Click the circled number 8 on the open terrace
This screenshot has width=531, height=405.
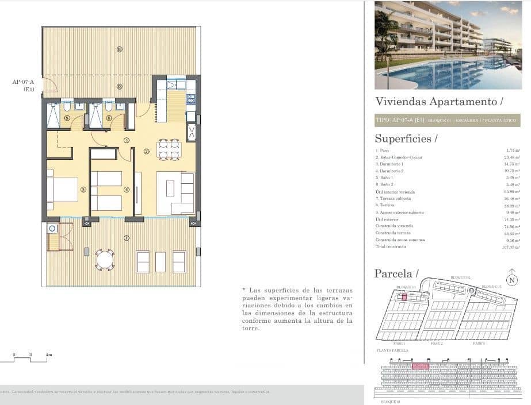[x=120, y=49]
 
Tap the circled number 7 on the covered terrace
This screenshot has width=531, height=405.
[x=127, y=237]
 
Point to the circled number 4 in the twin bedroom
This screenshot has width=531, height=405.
[x=127, y=190]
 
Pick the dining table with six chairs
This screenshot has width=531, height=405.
[x=169, y=149]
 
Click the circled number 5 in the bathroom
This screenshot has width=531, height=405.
[x=67, y=118]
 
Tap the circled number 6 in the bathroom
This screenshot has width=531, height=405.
[x=109, y=118]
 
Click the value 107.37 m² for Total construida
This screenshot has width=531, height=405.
[x=510, y=246]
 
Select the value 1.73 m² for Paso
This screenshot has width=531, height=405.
[x=513, y=151]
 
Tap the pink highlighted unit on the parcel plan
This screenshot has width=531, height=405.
[x=404, y=297]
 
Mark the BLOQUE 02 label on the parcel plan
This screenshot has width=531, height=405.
[x=460, y=277]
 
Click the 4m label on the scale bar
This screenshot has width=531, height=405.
[x=48, y=355]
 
